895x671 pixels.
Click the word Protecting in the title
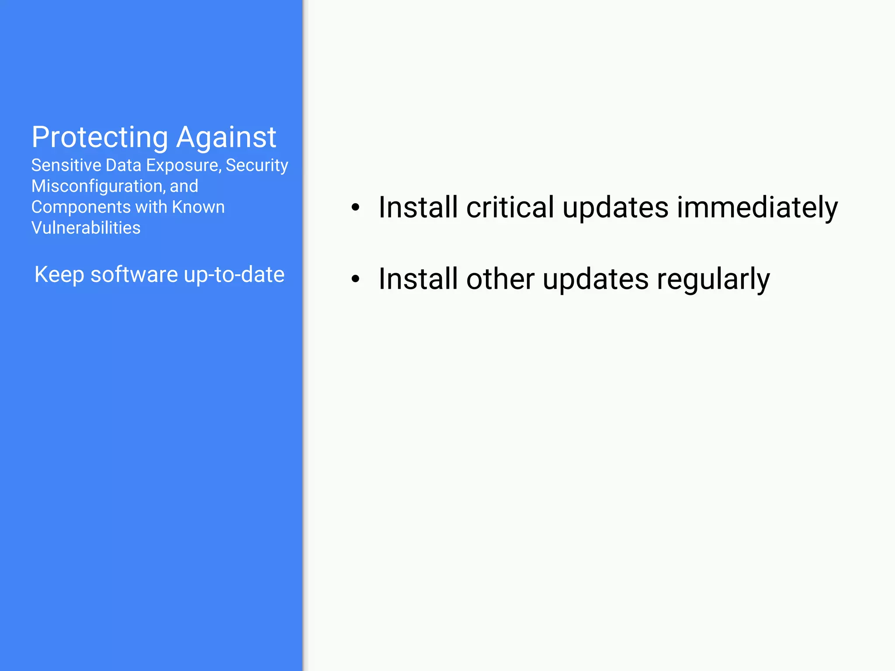100,138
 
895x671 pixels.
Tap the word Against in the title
226,138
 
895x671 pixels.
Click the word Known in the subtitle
198,207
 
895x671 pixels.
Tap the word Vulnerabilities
86,228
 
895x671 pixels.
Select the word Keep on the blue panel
59,275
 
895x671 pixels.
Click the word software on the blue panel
134,275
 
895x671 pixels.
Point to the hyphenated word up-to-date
234,275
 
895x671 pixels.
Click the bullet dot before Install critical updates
356,208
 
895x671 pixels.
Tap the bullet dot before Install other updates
356,279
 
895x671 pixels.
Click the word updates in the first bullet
615,208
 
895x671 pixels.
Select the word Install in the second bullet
418,279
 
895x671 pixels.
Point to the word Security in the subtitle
257,166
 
